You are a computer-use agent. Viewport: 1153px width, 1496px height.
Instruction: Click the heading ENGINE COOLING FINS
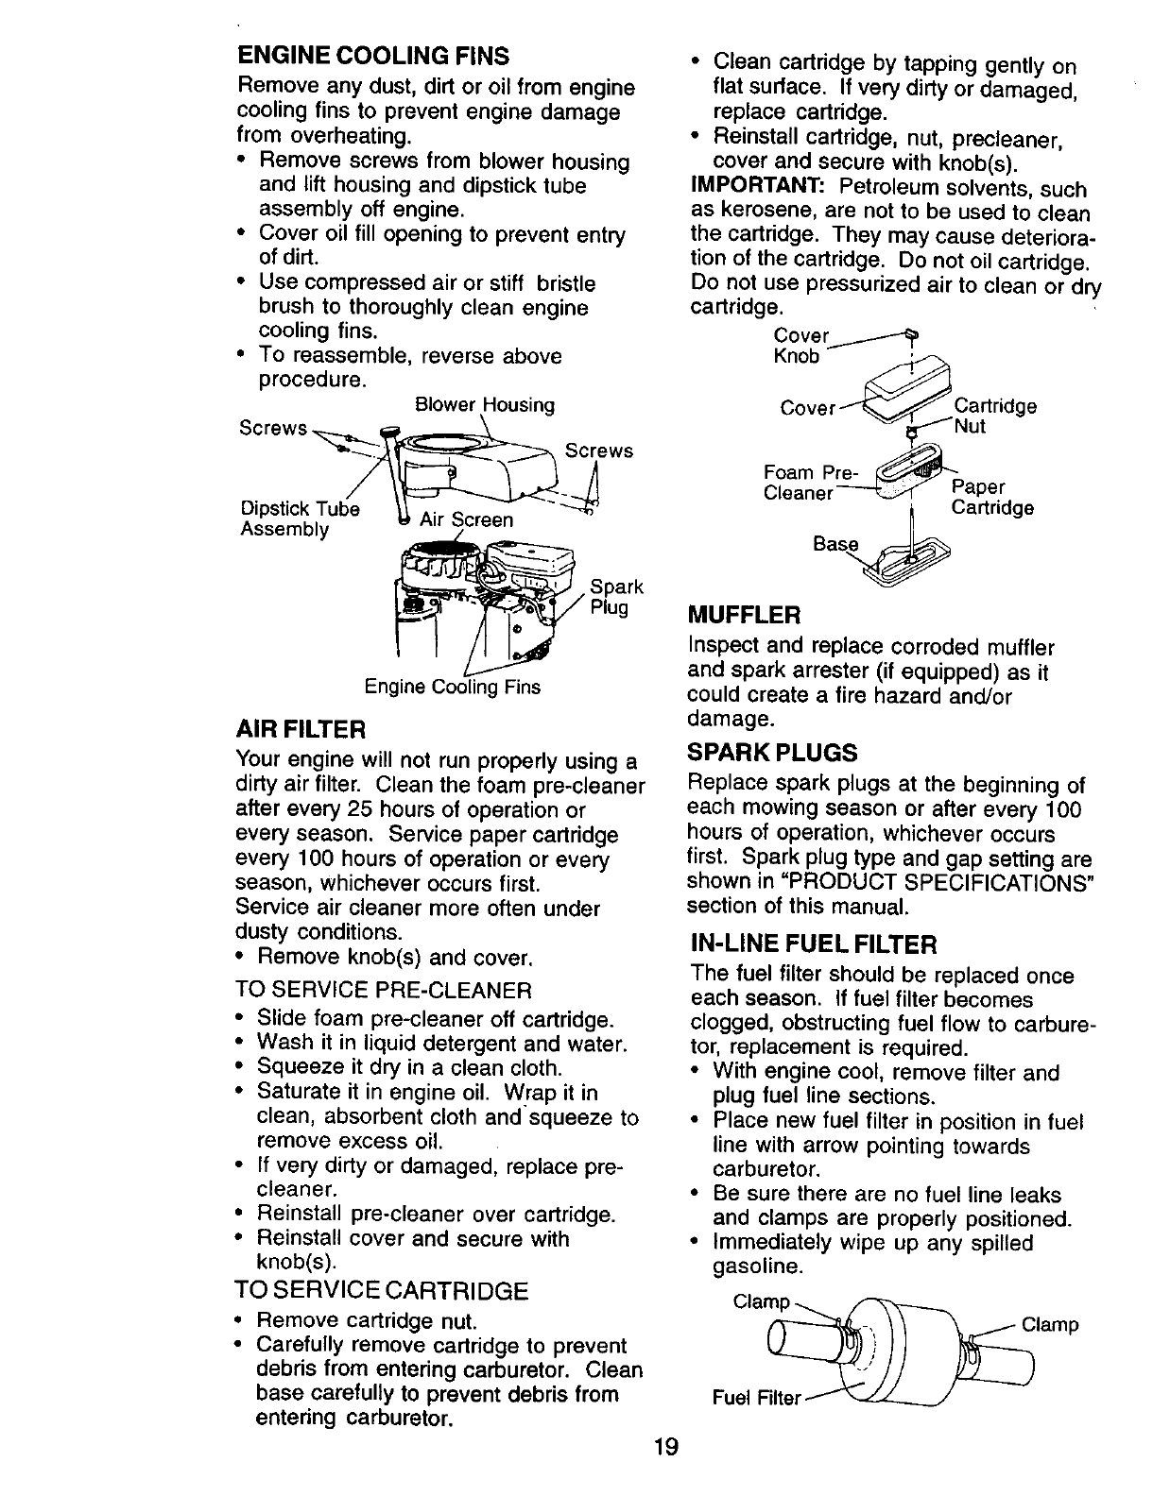pos(372,53)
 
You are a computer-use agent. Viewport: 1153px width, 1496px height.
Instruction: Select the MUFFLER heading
pos(744,616)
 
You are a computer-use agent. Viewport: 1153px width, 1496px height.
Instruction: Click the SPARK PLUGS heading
pos(772,752)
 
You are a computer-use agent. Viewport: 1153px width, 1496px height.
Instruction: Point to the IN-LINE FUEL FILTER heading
pos(813,943)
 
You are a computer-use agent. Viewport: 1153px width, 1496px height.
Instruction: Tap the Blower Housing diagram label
pos(485,405)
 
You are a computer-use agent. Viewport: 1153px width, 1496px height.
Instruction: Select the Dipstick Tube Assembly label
pos(300,518)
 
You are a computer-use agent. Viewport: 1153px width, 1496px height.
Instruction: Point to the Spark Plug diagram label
pos(616,596)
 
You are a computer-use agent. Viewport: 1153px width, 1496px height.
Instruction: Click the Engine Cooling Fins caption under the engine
pos(453,688)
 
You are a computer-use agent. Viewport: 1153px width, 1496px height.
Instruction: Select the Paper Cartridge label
pos(991,497)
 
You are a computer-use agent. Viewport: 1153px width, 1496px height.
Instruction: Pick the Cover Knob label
pos(800,347)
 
